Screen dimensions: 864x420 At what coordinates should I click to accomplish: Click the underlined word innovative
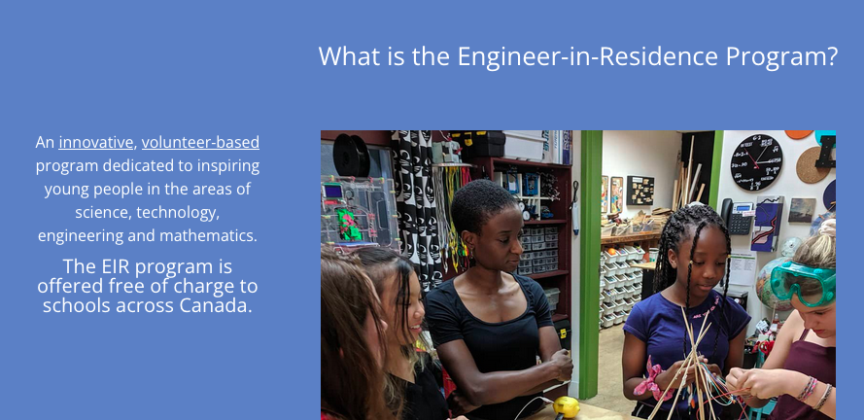click(x=96, y=142)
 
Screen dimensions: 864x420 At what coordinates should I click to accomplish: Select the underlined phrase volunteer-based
click(x=200, y=142)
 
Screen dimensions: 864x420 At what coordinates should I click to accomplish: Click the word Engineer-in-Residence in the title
click(x=588, y=56)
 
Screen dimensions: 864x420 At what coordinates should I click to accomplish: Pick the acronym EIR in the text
click(x=116, y=266)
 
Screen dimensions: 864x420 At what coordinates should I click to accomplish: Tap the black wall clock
click(x=756, y=162)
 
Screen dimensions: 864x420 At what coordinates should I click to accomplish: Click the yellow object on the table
click(x=567, y=406)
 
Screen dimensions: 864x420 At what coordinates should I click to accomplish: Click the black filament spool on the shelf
click(x=351, y=155)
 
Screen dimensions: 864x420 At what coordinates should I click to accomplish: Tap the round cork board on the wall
click(x=812, y=165)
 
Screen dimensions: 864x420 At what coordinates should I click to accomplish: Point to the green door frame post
click(x=590, y=264)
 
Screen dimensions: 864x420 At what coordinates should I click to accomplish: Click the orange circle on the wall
click(x=799, y=134)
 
